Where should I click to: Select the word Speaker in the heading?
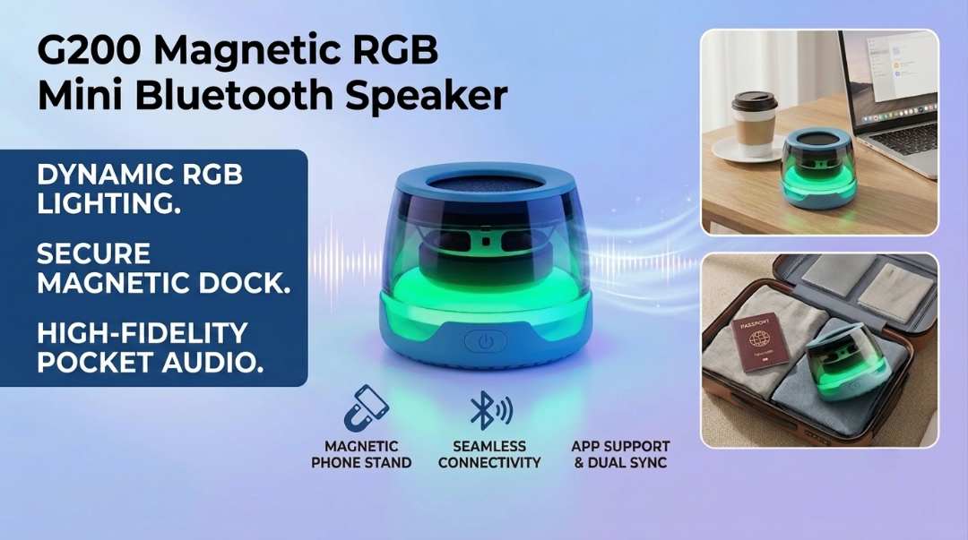426,98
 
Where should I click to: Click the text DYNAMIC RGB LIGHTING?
140,189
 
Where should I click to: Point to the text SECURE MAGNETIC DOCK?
164,269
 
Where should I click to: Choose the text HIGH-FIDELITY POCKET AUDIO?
150,347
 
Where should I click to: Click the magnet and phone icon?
366,408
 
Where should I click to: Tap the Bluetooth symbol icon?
490,410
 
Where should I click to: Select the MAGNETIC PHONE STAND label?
361,454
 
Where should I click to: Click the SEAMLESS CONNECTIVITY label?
489,454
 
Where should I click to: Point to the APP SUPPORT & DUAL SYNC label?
620,454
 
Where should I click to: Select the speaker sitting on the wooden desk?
818,167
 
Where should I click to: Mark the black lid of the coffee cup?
754,100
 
